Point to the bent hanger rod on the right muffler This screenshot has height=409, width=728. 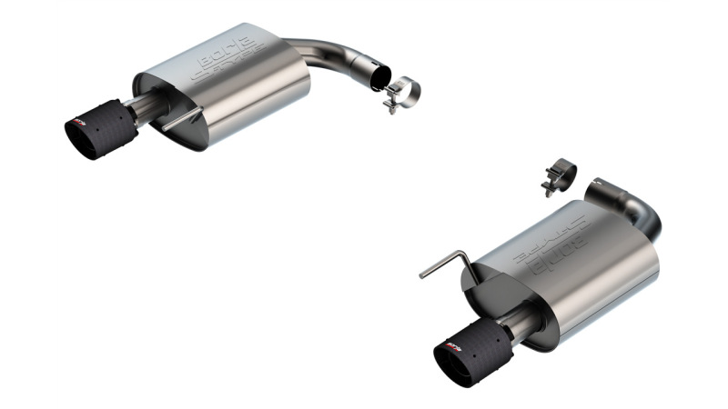[446, 264]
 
